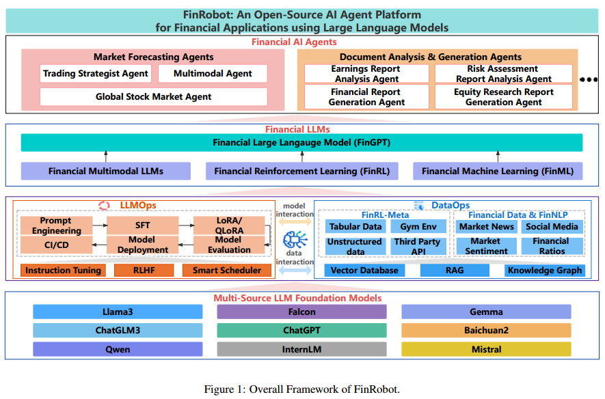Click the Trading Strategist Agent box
[x=95, y=74]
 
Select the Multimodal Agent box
[x=213, y=74]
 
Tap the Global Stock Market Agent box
[x=154, y=97]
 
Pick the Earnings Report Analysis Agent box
[x=366, y=74]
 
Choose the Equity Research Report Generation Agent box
[x=503, y=97]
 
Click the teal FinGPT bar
[x=301, y=143]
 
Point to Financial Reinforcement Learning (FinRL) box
[x=301, y=171]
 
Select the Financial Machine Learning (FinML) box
[x=498, y=171]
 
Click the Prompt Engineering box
[x=56, y=225]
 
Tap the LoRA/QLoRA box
[x=228, y=225]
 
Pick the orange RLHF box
[x=144, y=271]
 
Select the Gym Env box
[x=419, y=227]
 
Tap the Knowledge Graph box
[x=544, y=271]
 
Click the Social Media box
[x=552, y=227]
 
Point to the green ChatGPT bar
[x=301, y=331]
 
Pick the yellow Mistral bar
[x=486, y=349]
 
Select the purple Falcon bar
[x=301, y=312]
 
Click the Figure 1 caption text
[x=301, y=389]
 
